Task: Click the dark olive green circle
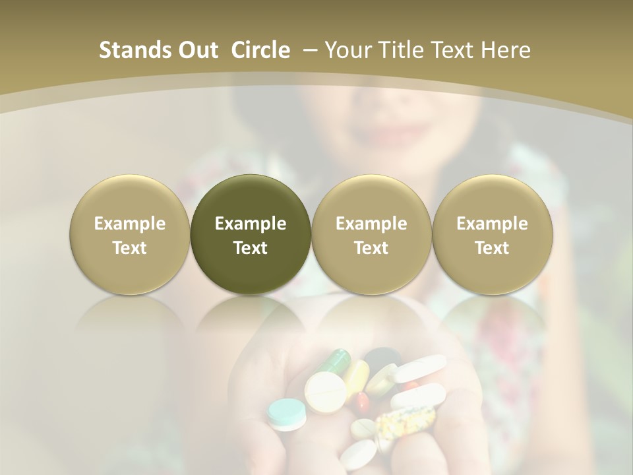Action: pyautogui.click(x=251, y=234)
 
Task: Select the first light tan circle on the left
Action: pyautogui.click(x=129, y=234)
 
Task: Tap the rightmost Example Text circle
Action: pyautogui.click(x=492, y=234)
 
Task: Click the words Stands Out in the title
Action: pyautogui.click(x=159, y=50)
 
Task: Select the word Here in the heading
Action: pyautogui.click(x=504, y=50)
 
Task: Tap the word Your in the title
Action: pyautogui.click(x=346, y=50)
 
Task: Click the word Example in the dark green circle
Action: pyautogui.click(x=251, y=224)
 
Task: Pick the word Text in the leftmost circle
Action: pyautogui.click(x=129, y=248)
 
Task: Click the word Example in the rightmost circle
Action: pyautogui.click(x=492, y=224)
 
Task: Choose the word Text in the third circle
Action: pyautogui.click(x=371, y=248)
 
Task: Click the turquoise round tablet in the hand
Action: pyautogui.click(x=287, y=413)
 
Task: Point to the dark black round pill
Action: pyautogui.click(x=380, y=360)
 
